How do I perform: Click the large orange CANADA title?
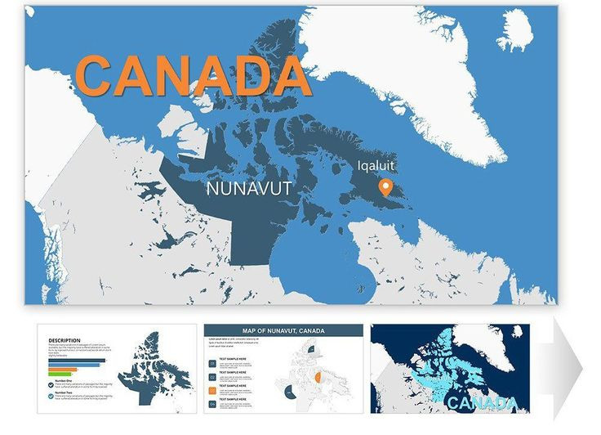click(194, 74)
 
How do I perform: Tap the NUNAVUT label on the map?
click(249, 189)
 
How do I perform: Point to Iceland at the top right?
click(514, 31)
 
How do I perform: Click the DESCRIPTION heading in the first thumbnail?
click(65, 340)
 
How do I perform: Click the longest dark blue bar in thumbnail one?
click(77, 360)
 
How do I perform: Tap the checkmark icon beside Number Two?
click(51, 396)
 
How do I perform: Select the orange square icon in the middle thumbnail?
click(212, 391)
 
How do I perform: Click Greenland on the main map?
click(425, 74)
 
